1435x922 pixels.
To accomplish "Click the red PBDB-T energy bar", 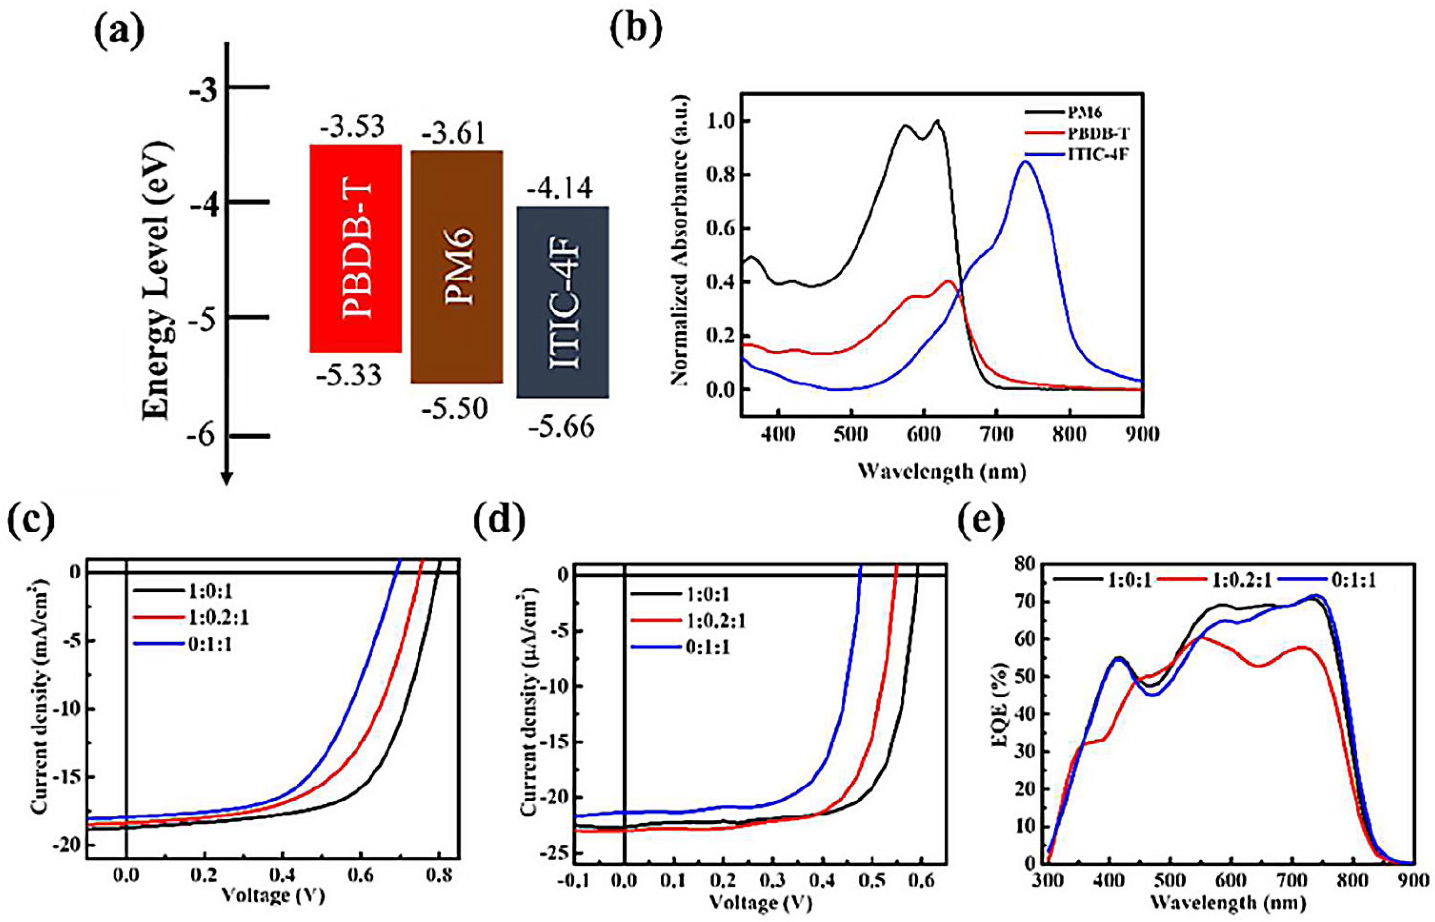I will (x=355, y=248).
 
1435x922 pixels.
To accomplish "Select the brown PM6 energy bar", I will (x=456, y=267).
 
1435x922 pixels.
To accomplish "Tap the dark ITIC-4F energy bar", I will (x=562, y=302).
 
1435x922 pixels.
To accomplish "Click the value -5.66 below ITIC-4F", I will (x=561, y=427).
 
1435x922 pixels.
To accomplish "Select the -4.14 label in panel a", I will (x=560, y=188).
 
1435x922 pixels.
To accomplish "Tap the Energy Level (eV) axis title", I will (x=157, y=281).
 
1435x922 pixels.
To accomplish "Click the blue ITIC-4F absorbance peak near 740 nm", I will (x=1025, y=161).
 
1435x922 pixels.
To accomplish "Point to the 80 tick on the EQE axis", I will (x=1031, y=563).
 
